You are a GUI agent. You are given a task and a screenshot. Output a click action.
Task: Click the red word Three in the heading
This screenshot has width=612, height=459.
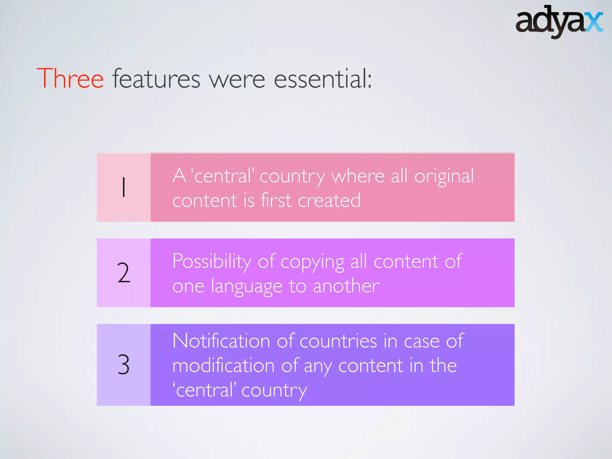70,79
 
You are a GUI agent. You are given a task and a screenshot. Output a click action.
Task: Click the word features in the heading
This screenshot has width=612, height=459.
156,79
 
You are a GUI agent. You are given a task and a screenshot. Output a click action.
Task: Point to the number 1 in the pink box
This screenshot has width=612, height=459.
124,187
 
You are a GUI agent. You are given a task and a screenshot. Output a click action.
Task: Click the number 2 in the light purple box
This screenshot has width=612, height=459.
124,273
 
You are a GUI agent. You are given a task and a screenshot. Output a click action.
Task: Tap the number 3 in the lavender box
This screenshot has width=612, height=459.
124,365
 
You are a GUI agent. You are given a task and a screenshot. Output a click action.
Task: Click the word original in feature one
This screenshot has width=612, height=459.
444,176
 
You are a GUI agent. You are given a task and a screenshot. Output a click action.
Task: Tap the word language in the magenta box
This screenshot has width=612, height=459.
247,286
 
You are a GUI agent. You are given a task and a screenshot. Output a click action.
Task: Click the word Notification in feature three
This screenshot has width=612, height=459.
221,341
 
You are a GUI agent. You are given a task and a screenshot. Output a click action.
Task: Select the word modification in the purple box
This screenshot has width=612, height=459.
223,365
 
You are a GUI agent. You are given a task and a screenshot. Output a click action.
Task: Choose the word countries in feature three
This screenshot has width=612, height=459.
338,341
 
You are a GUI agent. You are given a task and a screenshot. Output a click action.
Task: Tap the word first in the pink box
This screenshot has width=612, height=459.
276,201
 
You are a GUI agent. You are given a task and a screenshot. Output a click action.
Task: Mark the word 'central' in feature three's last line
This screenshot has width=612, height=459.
204,390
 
